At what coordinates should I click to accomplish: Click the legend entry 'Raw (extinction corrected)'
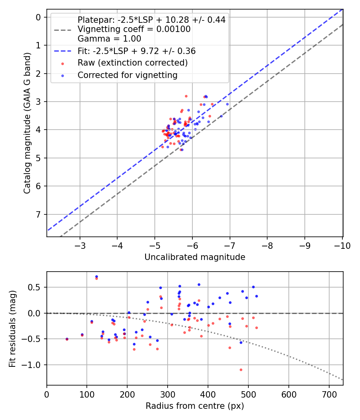[132, 63]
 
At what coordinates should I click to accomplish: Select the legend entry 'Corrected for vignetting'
[127, 75]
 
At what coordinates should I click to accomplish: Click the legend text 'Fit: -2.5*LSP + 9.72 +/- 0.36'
[136, 51]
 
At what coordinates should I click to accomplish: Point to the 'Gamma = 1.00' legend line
[109, 39]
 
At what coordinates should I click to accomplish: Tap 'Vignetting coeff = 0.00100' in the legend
[134, 29]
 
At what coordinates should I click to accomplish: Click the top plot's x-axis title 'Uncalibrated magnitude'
[195, 257]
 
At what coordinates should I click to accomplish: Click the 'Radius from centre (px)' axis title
[195, 406]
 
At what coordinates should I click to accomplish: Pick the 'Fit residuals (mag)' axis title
[12, 328]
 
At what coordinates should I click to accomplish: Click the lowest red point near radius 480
[241, 370]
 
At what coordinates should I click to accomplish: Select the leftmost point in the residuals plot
[67, 339]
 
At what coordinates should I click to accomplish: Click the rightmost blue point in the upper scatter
[227, 104]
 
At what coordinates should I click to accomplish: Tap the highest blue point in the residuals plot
[96, 276]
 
